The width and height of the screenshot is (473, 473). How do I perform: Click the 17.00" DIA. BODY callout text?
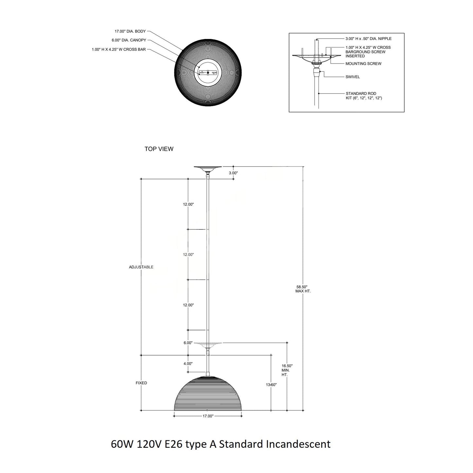click(130, 32)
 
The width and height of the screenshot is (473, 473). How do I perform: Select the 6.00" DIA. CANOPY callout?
click(129, 41)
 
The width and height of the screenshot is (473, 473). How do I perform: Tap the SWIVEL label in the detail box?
click(353, 77)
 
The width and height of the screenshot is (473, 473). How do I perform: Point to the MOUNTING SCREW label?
click(363, 64)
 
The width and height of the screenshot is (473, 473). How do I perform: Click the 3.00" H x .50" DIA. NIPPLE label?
click(368, 39)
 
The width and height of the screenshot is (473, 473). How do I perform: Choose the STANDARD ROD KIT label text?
click(363, 96)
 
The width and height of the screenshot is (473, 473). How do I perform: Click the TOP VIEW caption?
click(159, 149)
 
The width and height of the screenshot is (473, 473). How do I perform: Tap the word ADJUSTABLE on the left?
click(141, 267)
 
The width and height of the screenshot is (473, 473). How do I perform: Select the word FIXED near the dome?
click(141, 383)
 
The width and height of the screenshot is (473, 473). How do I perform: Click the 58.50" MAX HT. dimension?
click(303, 289)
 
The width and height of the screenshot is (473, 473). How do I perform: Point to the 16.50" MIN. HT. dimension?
click(287, 370)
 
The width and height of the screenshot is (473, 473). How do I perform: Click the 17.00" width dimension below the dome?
click(208, 416)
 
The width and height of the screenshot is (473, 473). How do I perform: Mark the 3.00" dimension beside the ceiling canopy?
click(233, 173)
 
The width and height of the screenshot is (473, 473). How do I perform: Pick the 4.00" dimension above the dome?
click(188, 364)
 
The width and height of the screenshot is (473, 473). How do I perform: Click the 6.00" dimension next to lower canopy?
click(188, 343)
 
